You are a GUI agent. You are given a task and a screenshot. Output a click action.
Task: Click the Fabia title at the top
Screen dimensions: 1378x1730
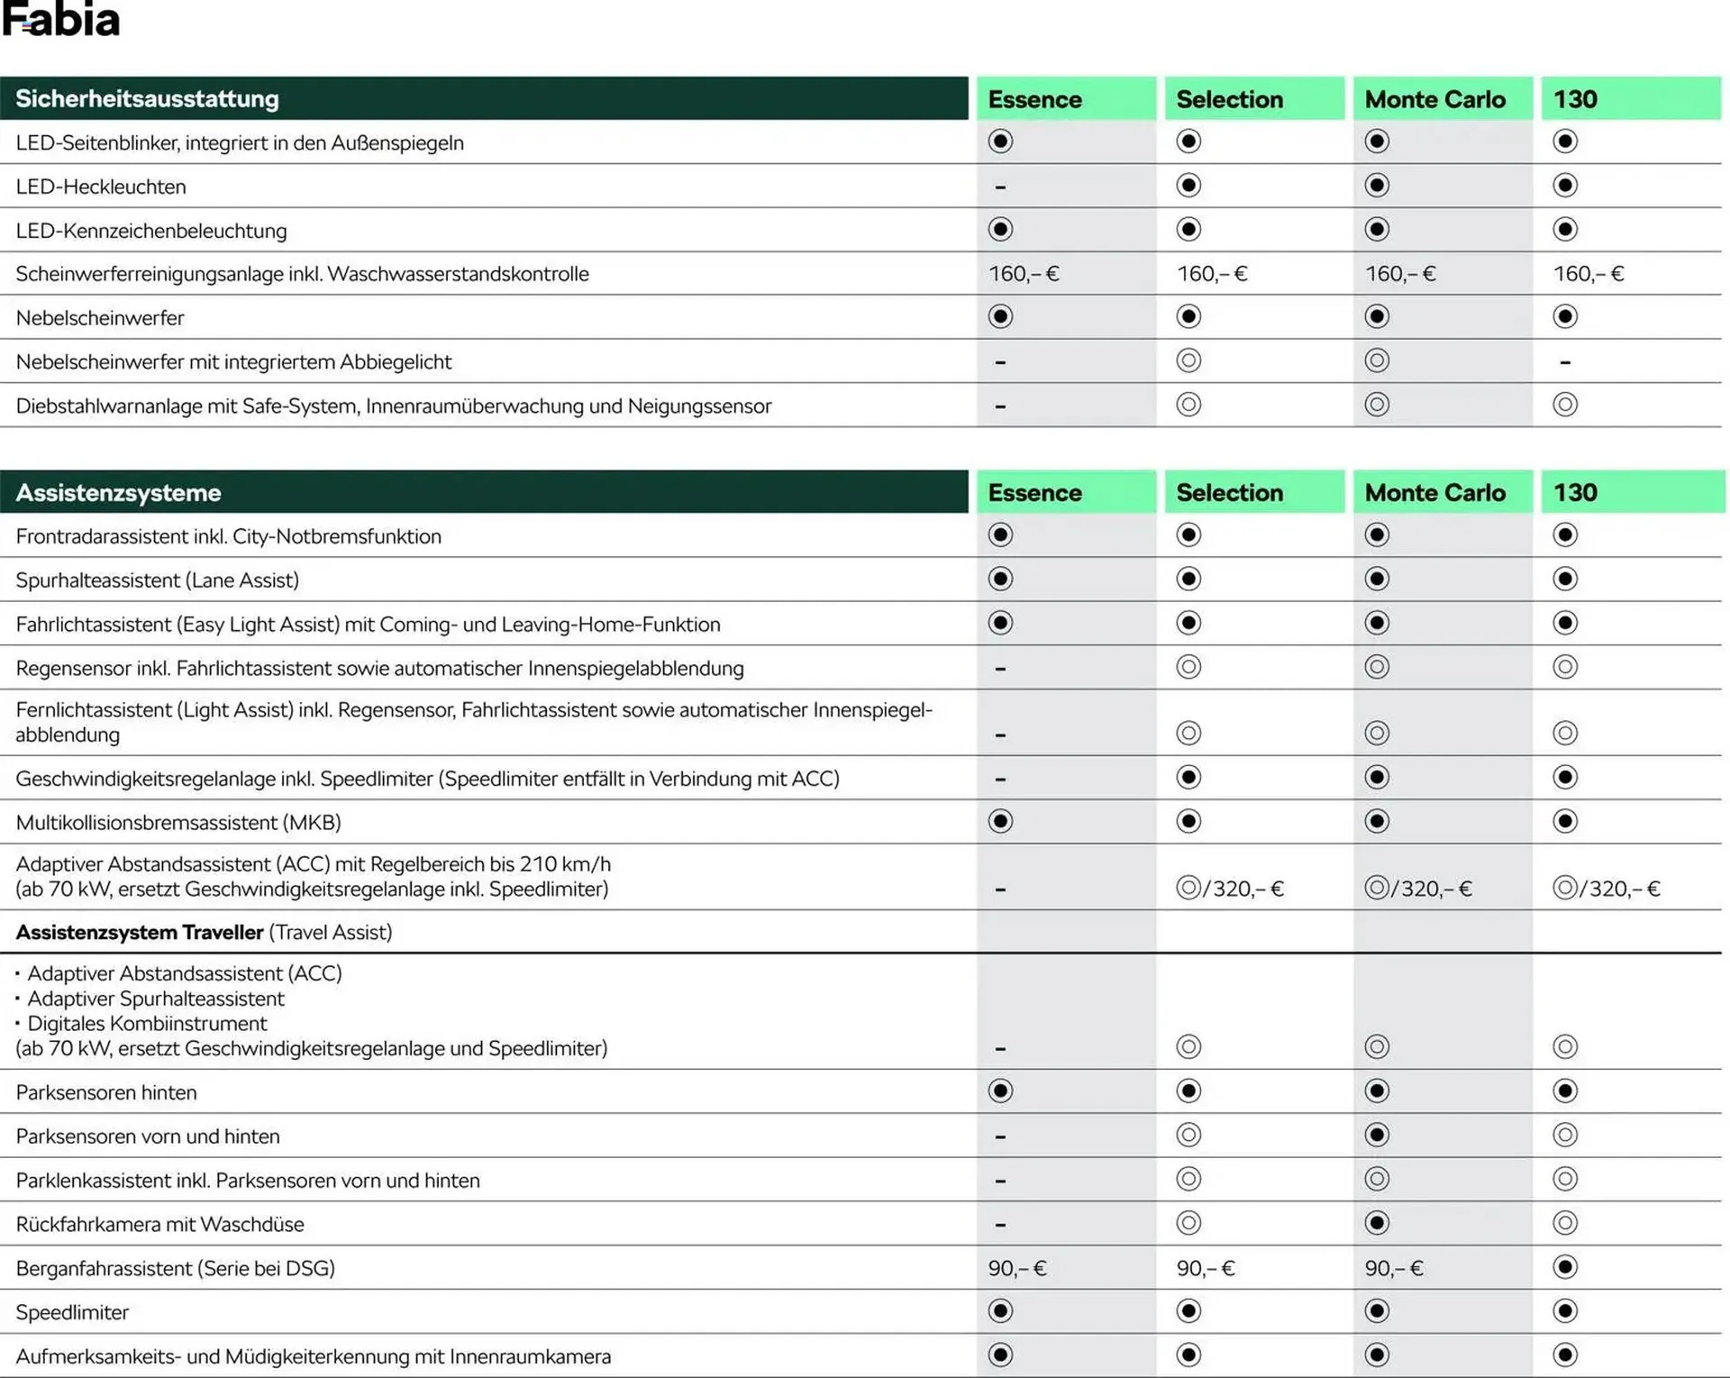[x=61, y=20]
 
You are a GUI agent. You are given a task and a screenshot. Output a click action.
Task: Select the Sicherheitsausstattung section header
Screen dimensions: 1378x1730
[x=147, y=99]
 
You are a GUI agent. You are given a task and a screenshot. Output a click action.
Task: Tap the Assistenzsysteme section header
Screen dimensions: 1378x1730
[x=118, y=493]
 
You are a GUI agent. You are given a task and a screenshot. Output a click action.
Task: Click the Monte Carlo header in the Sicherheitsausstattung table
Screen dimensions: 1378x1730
[x=1434, y=99]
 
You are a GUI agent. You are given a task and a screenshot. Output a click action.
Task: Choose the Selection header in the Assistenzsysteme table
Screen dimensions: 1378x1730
[x=1229, y=493]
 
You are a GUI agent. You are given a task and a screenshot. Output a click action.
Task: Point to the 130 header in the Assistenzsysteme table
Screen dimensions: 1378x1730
[x=1575, y=493]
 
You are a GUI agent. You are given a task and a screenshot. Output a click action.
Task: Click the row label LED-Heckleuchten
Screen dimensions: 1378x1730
[x=101, y=187]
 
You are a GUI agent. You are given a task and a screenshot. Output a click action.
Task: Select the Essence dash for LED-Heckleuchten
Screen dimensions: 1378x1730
[x=1000, y=187]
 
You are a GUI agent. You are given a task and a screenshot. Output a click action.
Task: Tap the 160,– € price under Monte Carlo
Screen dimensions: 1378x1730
[x=1400, y=274]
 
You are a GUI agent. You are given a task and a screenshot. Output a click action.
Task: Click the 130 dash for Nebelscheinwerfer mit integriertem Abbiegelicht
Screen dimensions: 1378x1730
[x=1565, y=362]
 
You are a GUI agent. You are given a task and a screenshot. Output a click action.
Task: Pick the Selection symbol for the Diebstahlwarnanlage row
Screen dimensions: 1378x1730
[x=1188, y=405]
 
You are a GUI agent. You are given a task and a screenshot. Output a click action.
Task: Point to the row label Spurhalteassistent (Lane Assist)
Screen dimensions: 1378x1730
[x=158, y=580]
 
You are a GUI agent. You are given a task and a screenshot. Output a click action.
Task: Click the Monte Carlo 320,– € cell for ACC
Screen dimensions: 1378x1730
[x=1419, y=889]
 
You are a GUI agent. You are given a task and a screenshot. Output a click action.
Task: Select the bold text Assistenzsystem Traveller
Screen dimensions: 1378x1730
[x=140, y=932]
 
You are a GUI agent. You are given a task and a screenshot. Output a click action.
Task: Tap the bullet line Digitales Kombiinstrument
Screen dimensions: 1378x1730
[x=147, y=1024]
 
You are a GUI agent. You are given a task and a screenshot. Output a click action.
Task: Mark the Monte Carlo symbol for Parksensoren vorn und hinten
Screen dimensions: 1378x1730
[x=1377, y=1135]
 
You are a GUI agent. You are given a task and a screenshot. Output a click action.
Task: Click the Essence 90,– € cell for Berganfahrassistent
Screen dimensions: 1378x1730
[x=1017, y=1269]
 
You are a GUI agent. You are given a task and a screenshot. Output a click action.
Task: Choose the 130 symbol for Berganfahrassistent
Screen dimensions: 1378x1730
[x=1565, y=1267]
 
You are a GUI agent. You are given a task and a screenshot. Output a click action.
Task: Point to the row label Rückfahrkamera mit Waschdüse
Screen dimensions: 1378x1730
[x=160, y=1225]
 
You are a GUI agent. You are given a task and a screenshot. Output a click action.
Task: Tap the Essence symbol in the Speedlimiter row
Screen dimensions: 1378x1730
[x=1000, y=1311]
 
